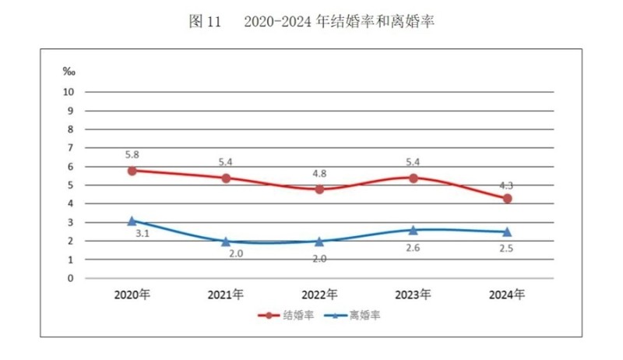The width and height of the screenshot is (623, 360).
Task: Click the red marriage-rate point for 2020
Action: [132, 170]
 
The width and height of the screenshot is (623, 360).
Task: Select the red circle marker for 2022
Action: [319, 189]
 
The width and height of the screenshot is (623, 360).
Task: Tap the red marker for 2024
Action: [507, 199]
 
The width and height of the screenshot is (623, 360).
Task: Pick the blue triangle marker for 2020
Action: [132, 221]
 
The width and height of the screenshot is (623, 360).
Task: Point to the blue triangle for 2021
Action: [226, 242]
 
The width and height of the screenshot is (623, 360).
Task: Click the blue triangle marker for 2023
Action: [413, 230]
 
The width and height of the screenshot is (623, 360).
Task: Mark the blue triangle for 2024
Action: [507, 231]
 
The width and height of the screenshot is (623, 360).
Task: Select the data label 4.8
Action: [319, 172]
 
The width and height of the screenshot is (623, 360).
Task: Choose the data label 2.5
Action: [507, 249]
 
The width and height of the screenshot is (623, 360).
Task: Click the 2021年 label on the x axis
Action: [226, 295]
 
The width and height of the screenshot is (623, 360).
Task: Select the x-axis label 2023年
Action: [413, 295]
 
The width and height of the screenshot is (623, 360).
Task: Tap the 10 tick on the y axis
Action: [69, 92]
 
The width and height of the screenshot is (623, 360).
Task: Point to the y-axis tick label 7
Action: [70, 148]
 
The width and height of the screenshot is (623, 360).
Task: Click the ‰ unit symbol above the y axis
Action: [69, 72]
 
